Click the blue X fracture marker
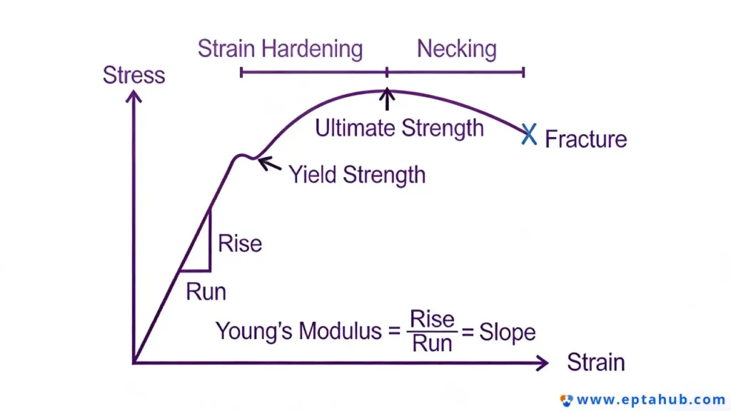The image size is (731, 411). pos(529,134)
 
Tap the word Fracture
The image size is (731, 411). pos(586,139)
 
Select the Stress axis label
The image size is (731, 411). pos(133,75)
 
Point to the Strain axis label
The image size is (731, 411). pos(596,362)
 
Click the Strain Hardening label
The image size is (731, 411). pos(280,49)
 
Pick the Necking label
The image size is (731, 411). pos(457,49)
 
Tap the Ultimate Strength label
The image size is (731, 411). pos(400,128)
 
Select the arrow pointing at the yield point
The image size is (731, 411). pos(269,164)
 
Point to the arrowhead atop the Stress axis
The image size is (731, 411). pos(133,96)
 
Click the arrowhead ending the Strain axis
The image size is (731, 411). pos(543,363)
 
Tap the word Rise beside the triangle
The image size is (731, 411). pos(240,244)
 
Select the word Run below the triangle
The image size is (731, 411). pos(206,292)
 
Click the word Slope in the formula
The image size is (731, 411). pos(508,333)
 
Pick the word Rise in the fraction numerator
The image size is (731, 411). pos(432,320)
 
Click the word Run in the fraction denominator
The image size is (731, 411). pos(432,344)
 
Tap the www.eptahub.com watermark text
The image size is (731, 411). pos(651,400)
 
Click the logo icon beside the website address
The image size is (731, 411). pos(566,400)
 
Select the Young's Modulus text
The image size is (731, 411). pos(298,331)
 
